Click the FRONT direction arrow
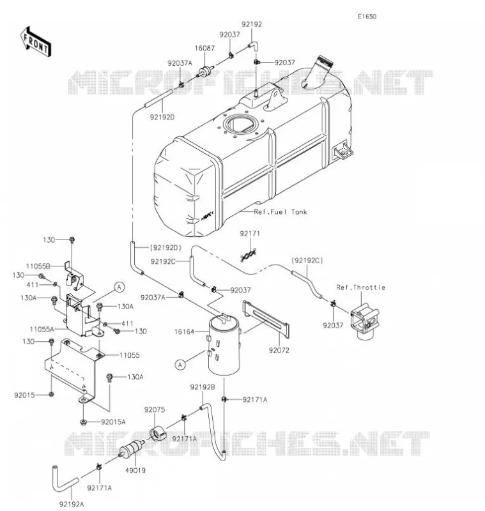(x=36, y=42)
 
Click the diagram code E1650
(x=367, y=17)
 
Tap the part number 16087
(x=204, y=49)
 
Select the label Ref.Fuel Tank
(x=281, y=212)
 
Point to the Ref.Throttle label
(x=361, y=287)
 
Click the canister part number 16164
(x=184, y=332)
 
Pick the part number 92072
(x=279, y=350)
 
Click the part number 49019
(x=135, y=471)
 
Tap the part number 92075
(x=155, y=409)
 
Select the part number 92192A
(x=72, y=504)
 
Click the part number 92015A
(x=113, y=422)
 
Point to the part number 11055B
(x=38, y=266)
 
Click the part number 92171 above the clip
(x=250, y=234)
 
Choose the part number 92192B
(x=203, y=387)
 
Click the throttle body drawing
(x=365, y=321)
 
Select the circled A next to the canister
(x=180, y=365)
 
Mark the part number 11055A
(x=42, y=330)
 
